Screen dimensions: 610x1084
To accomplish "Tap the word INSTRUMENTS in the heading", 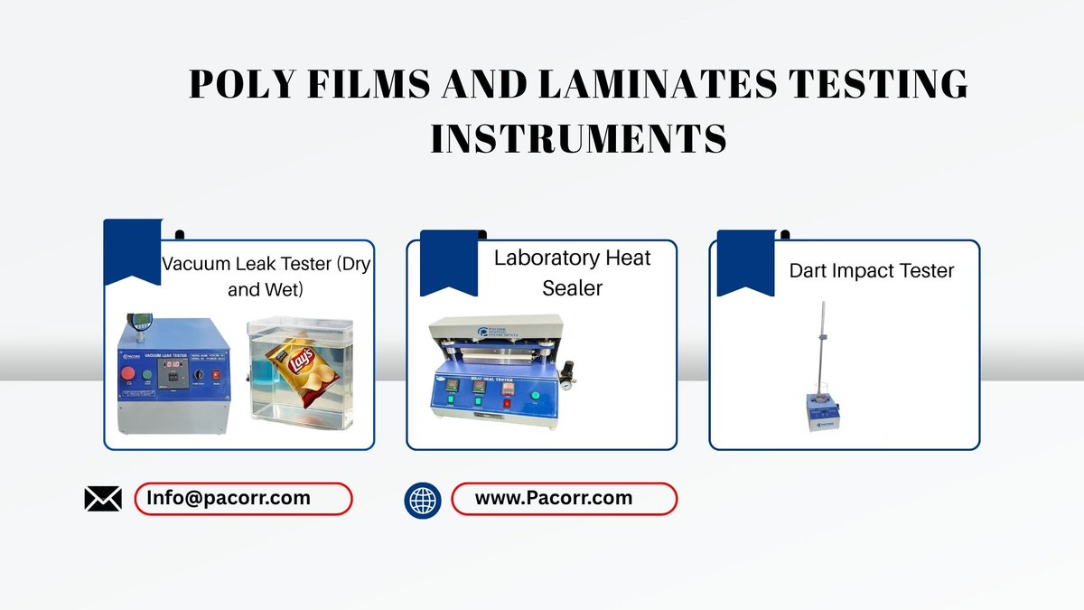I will coord(578,139).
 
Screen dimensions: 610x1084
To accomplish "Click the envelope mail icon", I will coord(103,498).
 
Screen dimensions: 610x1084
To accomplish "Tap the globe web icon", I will coord(423,499).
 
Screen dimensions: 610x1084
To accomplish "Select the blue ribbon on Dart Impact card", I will coord(745,262).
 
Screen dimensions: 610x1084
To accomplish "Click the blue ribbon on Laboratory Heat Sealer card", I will coord(449,262).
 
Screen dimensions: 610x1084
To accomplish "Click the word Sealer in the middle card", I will coord(572,288).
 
